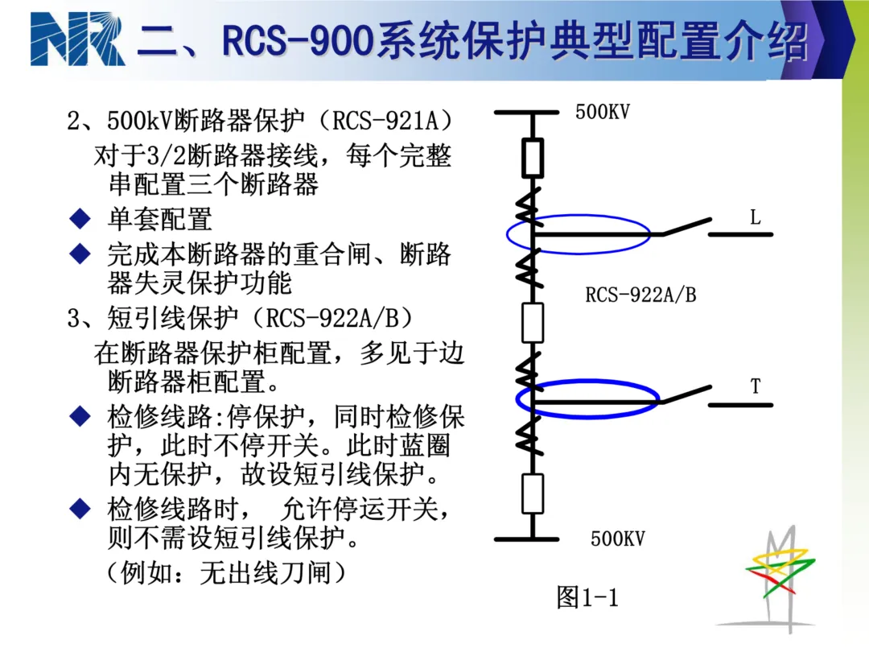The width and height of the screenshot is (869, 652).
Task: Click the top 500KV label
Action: [603, 112]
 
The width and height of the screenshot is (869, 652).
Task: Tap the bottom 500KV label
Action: [618, 539]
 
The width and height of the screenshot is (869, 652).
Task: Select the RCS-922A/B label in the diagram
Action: [640, 295]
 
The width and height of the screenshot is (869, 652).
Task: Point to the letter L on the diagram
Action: [755, 217]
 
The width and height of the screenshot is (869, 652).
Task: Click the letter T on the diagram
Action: [756, 386]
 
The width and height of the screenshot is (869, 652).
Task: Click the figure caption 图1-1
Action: [587, 597]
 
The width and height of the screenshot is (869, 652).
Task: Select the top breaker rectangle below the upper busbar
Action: [533, 158]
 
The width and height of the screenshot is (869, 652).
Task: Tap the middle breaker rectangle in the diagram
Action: [533, 322]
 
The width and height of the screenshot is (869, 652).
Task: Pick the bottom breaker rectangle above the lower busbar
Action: [533, 493]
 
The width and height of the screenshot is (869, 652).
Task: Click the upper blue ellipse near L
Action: [579, 216]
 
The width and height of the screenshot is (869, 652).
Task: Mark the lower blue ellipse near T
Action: [587, 381]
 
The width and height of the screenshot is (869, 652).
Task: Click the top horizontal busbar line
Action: [526, 113]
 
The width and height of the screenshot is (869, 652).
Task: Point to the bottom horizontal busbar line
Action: [526, 539]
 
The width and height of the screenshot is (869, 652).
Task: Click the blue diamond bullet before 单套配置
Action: [80, 218]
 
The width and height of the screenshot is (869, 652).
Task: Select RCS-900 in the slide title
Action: [297, 41]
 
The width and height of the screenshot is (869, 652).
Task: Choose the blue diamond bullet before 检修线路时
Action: [80, 509]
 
